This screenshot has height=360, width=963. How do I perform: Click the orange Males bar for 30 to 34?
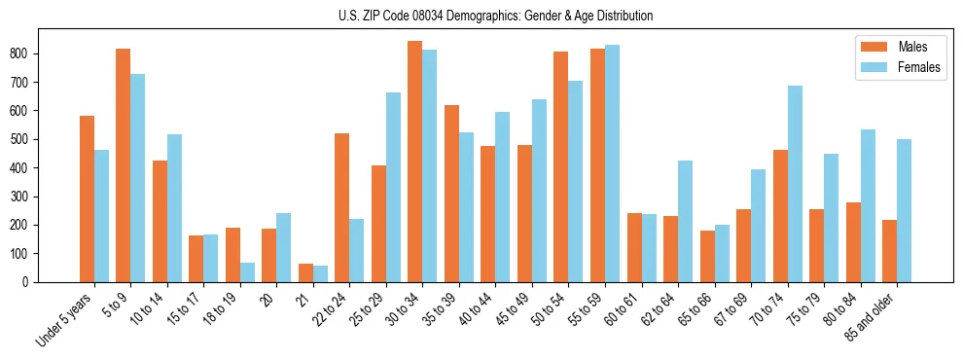point(414,162)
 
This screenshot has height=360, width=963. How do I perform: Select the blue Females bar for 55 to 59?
point(612,163)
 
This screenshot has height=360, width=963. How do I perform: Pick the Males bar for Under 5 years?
point(87,198)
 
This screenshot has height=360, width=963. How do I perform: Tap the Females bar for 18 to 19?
point(247,272)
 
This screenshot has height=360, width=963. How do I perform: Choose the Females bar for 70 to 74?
point(795,184)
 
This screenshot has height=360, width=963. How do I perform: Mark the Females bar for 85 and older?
point(904,210)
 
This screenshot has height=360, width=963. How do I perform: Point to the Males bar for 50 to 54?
point(560,166)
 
